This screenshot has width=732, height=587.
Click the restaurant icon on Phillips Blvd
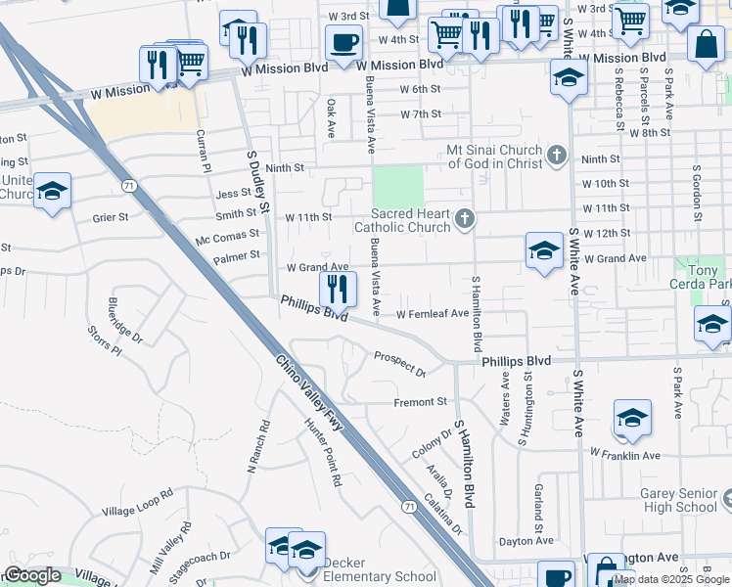338,289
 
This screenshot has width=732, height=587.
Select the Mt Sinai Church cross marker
557,155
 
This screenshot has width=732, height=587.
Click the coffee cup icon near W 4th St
343,43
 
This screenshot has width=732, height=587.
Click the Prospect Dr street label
399,364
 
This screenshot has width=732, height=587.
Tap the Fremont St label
420,402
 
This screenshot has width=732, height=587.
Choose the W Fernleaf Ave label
434,314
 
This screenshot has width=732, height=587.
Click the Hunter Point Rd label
324,453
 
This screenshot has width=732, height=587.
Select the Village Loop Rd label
136,504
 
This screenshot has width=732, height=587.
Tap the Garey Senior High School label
679,501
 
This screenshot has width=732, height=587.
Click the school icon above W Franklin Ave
632,418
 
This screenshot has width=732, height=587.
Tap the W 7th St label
421,114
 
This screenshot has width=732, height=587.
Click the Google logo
33,576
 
